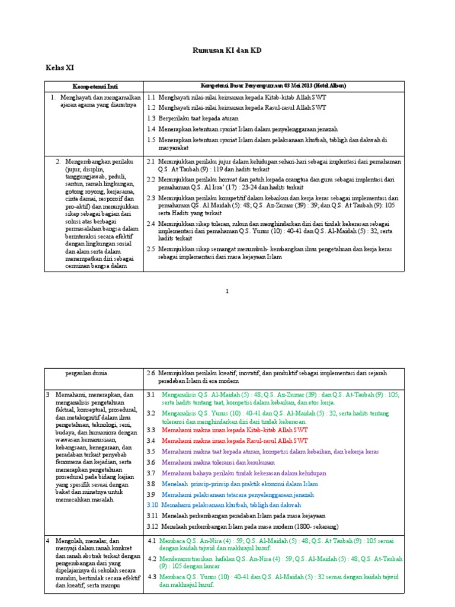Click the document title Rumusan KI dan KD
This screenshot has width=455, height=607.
[x=227, y=51]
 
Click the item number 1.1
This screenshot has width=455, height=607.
[x=151, y=97]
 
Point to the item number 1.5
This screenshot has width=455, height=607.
[x=151, y=140]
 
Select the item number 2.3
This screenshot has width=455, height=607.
[x=151, y=198]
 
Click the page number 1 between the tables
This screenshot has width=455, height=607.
[x=227, y=291]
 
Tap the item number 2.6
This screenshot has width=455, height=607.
[x=151, y=373]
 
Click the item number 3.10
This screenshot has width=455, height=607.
[x=152, y=504]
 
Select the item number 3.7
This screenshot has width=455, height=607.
[x=151, y=473]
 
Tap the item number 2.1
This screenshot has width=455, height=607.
[x=151, y=161]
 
